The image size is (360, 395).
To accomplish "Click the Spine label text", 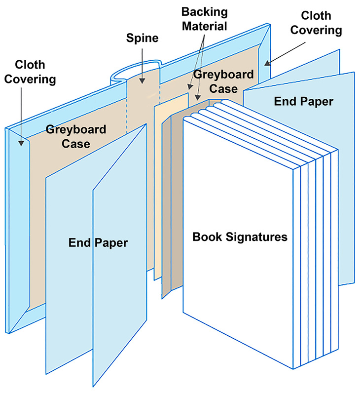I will tap(142, 38).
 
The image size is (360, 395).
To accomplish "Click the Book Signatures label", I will tap(240, 237).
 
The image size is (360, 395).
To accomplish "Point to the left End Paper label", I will tap(98, 242).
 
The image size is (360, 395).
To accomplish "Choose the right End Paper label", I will tap(303, 101).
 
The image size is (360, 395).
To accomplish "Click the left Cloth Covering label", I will tap(36, 72).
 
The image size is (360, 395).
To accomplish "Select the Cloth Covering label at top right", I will tap(316, 23).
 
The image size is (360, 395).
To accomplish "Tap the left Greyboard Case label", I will tap(75, 137).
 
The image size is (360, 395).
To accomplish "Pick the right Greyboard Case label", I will tap(223, 82).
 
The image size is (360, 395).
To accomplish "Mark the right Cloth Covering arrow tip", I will tap(267, 63).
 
